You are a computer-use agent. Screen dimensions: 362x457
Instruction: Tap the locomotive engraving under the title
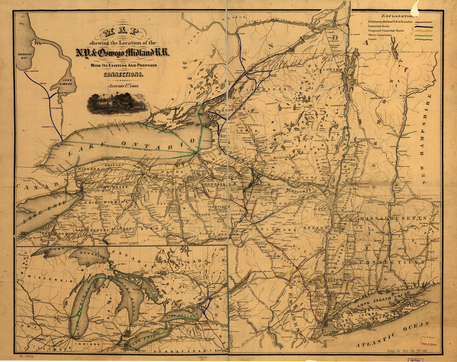(x=118, y=103)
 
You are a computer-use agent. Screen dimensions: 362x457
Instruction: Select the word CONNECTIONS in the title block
(x=123, y=75)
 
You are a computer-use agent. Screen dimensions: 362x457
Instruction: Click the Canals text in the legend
(x=373, y=39)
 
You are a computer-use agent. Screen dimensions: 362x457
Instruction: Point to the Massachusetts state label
(x=393, y=219)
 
